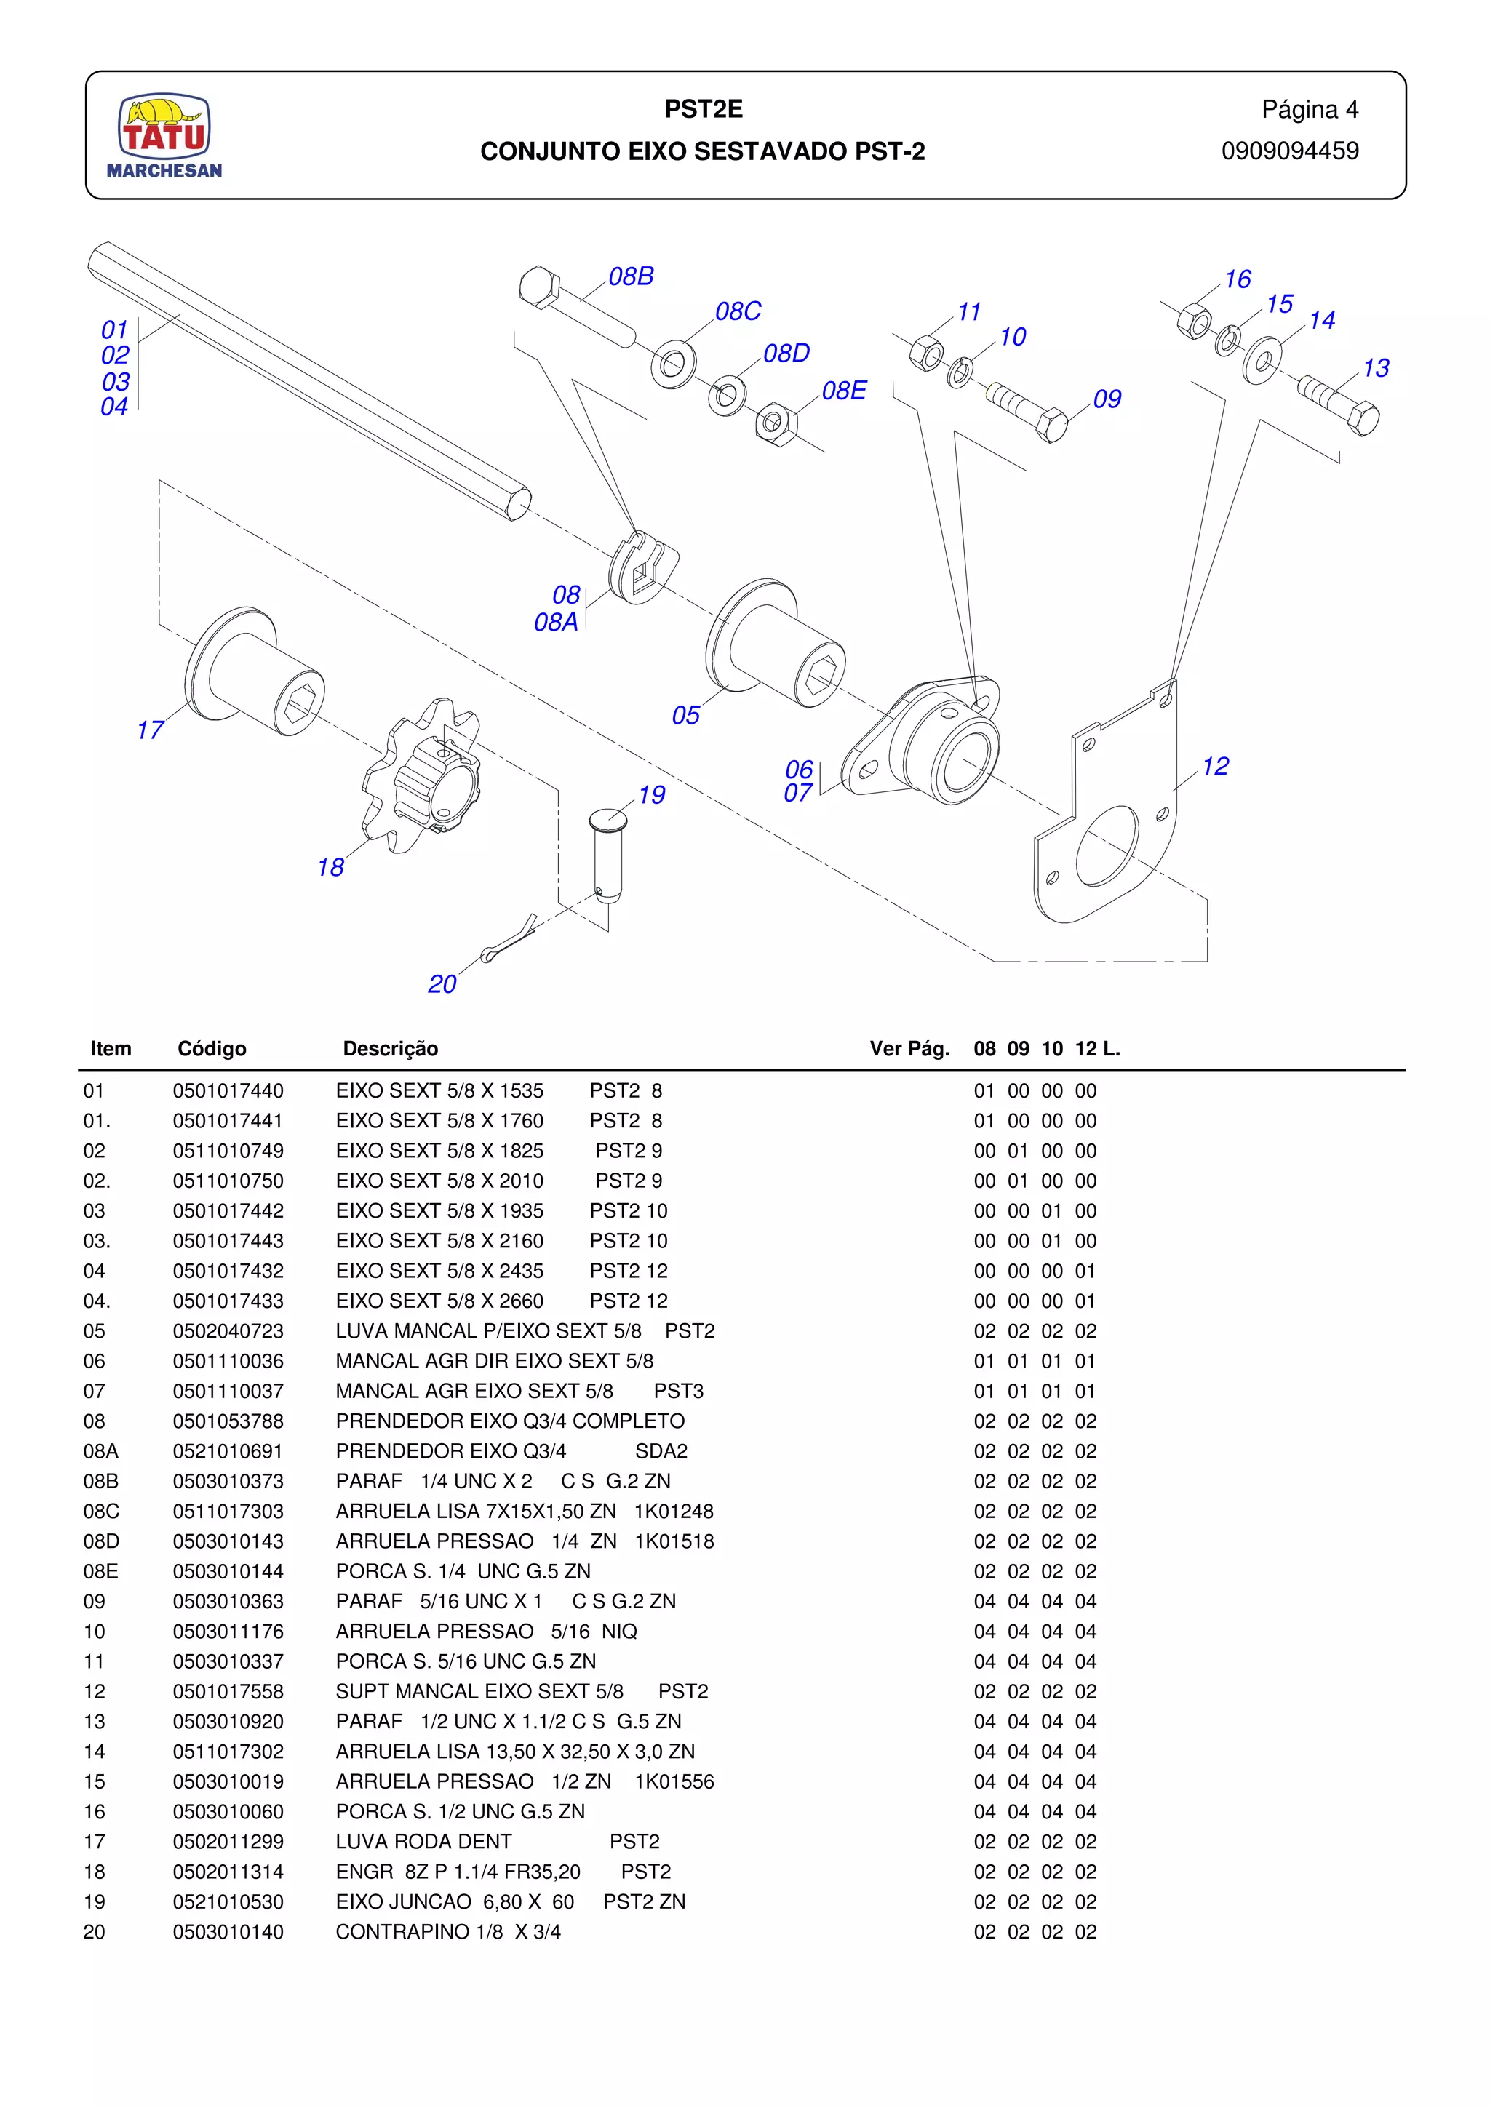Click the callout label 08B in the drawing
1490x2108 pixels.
point(631,276)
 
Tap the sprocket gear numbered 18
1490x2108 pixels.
point(424,776)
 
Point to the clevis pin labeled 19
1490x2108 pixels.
point(606,854)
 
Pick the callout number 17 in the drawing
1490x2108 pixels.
point(150,730)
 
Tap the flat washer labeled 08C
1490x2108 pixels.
point(673,363)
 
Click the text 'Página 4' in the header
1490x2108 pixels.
point(1309,109)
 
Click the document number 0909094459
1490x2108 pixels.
point(1289,151)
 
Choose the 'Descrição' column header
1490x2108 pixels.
point(390,1048)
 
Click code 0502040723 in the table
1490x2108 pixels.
point(228,1330)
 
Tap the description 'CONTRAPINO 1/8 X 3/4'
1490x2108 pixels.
point(448,1932)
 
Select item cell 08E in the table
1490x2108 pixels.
point(101,1571)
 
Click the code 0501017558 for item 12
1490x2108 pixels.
point(228,1691)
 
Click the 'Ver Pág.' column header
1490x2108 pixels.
point(909,1048)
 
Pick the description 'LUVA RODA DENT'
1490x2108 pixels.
point(423,1842)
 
